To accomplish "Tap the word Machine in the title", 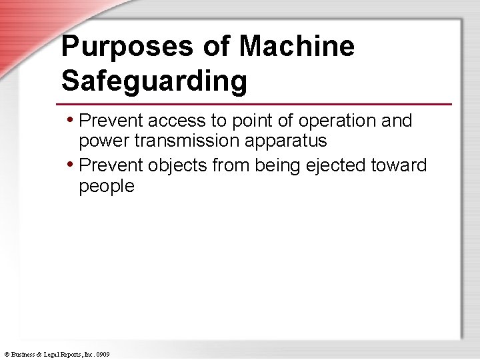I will pyautogui.click(x=297, y=47).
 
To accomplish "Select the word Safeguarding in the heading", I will pyautogui.click(x=154, y=81).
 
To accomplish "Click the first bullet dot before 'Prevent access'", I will pyautogui.click(x=71, y=121).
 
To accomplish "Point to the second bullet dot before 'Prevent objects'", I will pyautogui.click(x=71, y=165).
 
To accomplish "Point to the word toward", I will pyautogui.click(x=401, y=165).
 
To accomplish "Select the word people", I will pyautogui.click(x=107, y=186).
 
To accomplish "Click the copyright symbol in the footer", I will pyautogui.click(x=6, y=354).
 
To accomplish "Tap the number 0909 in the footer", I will pyautogui.click(x=103, y=354).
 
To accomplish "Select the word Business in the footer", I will pyautogui.click(x=22, y=354).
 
